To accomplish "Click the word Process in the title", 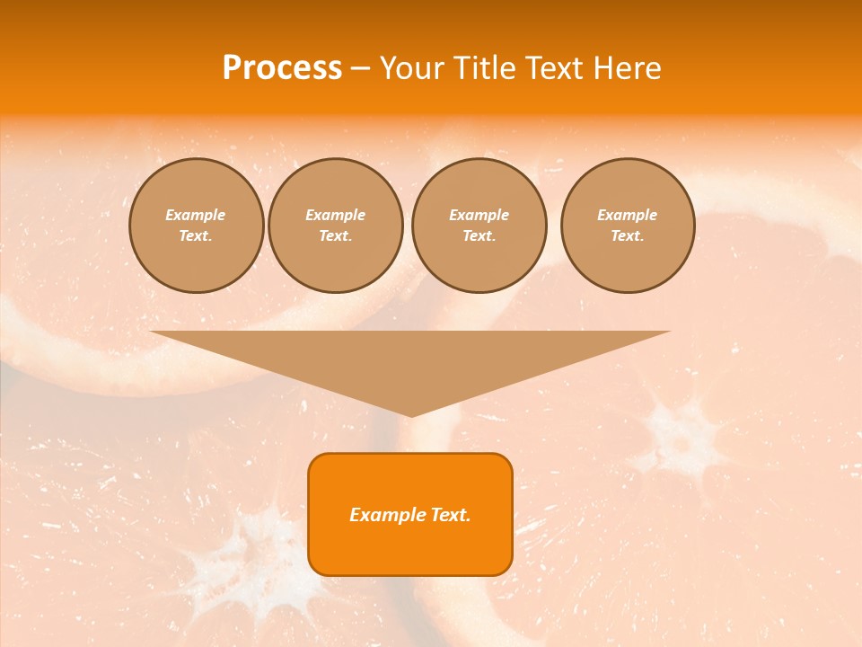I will click(x=282, y=68).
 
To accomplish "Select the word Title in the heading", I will click(x=488, y=68).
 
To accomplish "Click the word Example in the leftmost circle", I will click(x=196, y=215).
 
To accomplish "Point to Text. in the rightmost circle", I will click(x=628, y=236).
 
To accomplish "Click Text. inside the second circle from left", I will click(x=336, y=236).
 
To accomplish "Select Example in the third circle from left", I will click(x=479, y=215).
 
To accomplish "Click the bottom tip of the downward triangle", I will click(x=411, y=415).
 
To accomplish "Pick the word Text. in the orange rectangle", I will click(x=452, y=515).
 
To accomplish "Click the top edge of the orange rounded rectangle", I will click(x=410, y=454).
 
